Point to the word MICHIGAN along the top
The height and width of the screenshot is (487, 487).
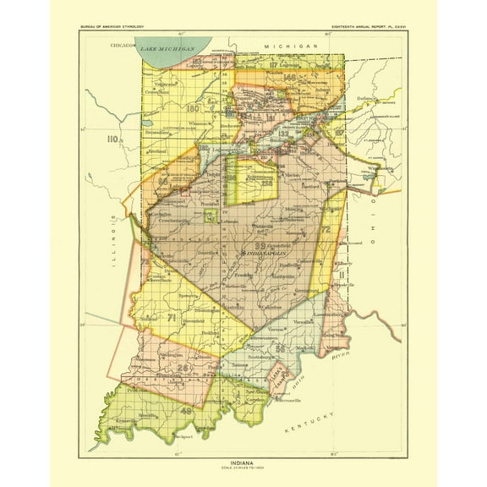[x=289, y=43]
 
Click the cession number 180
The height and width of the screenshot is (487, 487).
[x=194, y=109]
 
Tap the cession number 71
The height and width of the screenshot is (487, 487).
[x=172, y=319]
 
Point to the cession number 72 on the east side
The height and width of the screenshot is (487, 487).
[x=324, y=229]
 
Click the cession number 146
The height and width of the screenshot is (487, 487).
[x=291, y=78]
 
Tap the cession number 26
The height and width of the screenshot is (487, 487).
[x=183, y=369]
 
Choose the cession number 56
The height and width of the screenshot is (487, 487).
[x=280, y=347]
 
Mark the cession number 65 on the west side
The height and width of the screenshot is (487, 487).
[x=161, y=181]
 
